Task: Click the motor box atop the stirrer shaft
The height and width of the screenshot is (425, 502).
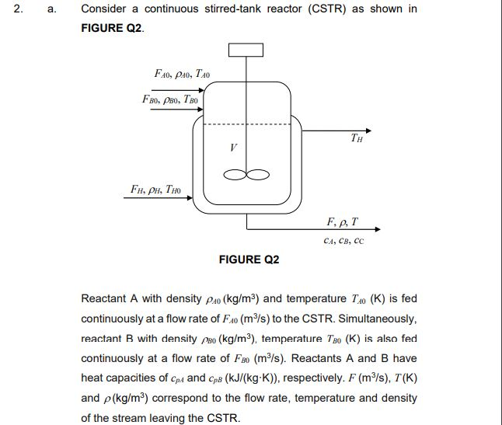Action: tap(246, 48)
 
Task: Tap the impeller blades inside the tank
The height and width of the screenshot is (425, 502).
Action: tap(246, 174)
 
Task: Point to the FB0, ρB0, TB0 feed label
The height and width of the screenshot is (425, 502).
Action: tap(171, 99)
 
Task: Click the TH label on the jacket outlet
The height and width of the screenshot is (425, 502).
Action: tap(356, 141)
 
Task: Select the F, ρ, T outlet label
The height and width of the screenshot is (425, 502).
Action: tap(343, 221)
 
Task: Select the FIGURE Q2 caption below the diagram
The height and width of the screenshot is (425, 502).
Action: tap(249, 260)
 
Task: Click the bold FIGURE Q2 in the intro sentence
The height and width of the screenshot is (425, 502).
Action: tap(112, 28)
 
